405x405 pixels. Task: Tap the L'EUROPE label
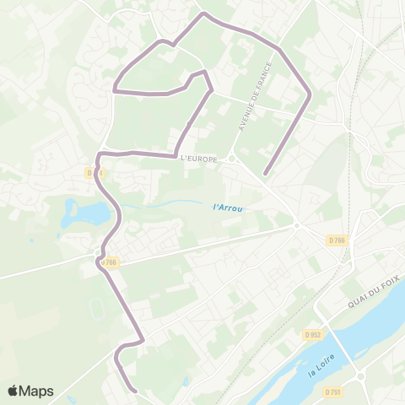click(199, 159)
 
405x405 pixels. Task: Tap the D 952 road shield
click(312, 334)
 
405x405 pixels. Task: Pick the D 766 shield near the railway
click(337, 240)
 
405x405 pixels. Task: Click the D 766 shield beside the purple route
click(108, 263)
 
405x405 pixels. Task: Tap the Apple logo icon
click(13, 391)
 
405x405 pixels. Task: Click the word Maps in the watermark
click(38, 391)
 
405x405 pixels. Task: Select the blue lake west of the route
click(86, 214)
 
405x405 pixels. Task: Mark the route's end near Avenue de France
click(265, 175)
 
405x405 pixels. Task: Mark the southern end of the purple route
click(136, 390)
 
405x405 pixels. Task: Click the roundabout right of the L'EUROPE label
click(232, 159)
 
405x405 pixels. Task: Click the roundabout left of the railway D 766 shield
click(297, 225)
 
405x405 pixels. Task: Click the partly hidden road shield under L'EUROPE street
click(93, 172)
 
